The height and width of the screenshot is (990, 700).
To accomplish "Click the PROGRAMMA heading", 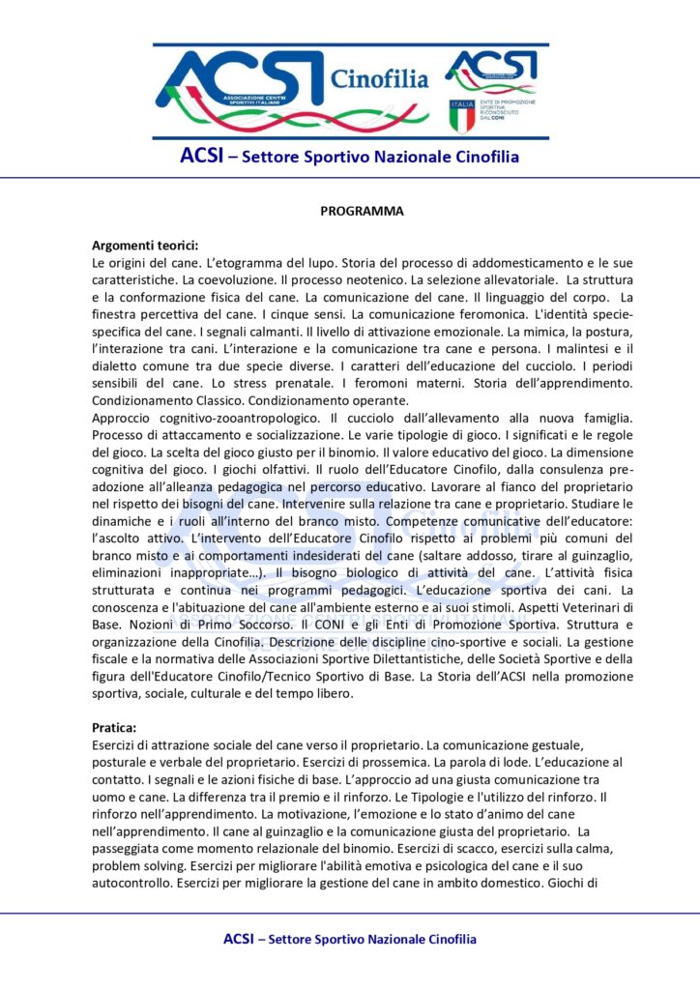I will [362, 211].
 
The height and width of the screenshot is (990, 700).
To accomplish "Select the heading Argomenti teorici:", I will [144, 246].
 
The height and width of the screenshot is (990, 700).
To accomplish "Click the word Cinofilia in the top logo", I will [379, 77].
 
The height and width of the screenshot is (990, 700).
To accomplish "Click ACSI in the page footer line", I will [239, 939].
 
